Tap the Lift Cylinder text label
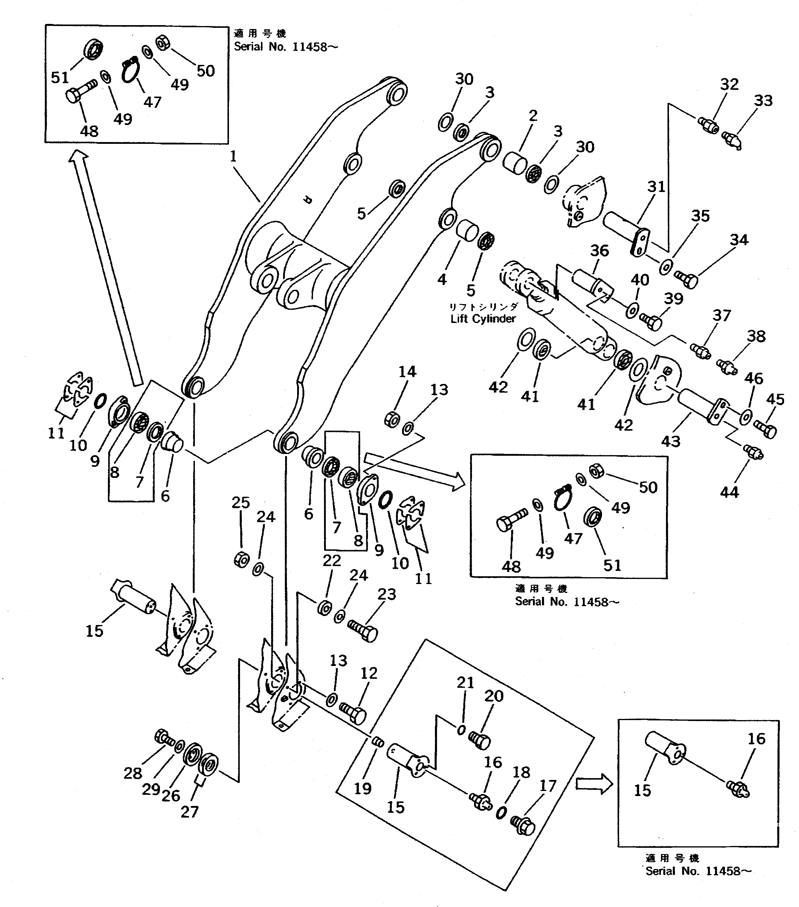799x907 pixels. pos(483,318)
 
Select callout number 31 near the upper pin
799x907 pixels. pos(656,187)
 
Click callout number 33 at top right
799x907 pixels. pos(763,101)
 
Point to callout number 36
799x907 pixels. pos(599,251)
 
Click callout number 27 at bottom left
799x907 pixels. pos(190,812)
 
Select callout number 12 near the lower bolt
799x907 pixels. pos(369,673)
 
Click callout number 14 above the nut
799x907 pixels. pos(407,371)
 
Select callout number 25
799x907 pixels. pos(240,502)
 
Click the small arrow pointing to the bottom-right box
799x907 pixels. pos(594,784)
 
